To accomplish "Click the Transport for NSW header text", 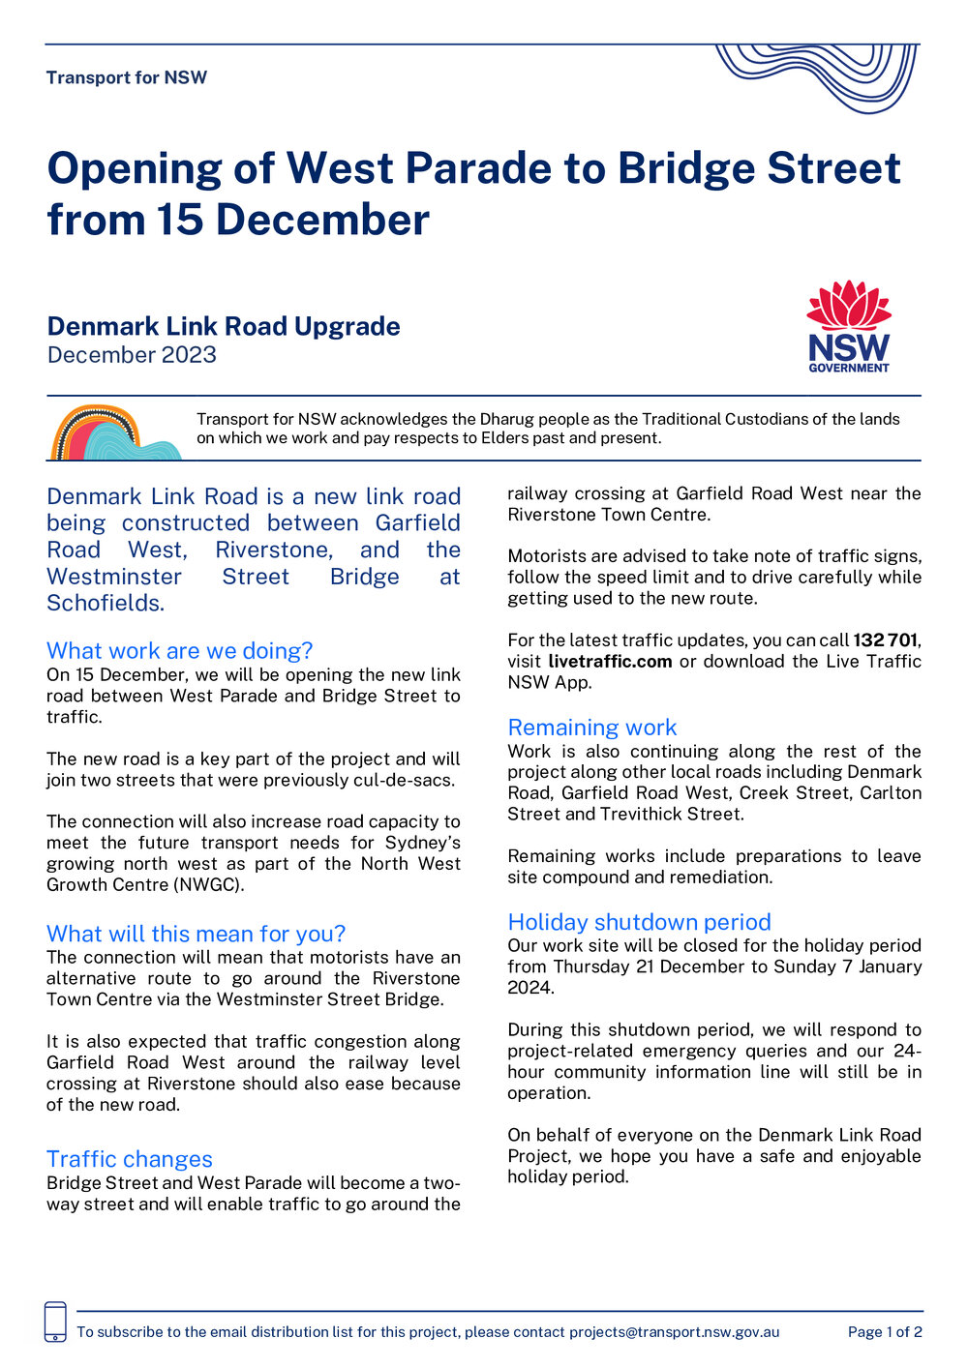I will [127, 77].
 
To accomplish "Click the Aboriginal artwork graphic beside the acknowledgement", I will [114, 432].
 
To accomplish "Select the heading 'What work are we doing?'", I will [180, 650].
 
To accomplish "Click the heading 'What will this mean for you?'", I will [196, 934].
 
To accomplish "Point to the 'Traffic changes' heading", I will [130, 1159].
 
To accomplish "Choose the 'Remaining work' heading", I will [592, 728].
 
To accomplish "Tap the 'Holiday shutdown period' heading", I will [640, 922].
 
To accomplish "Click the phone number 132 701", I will [885, 640].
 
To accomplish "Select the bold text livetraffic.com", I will [610, 662].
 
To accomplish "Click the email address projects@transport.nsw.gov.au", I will [674, 1332].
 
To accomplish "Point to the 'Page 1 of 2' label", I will [885, 1332].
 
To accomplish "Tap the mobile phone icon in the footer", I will [56, 1323].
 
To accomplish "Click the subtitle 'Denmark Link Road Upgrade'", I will [224, 326].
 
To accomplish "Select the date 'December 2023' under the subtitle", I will [132, 355].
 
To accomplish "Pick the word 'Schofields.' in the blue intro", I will [106, 603].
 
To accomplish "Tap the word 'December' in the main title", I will [322, 220].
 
